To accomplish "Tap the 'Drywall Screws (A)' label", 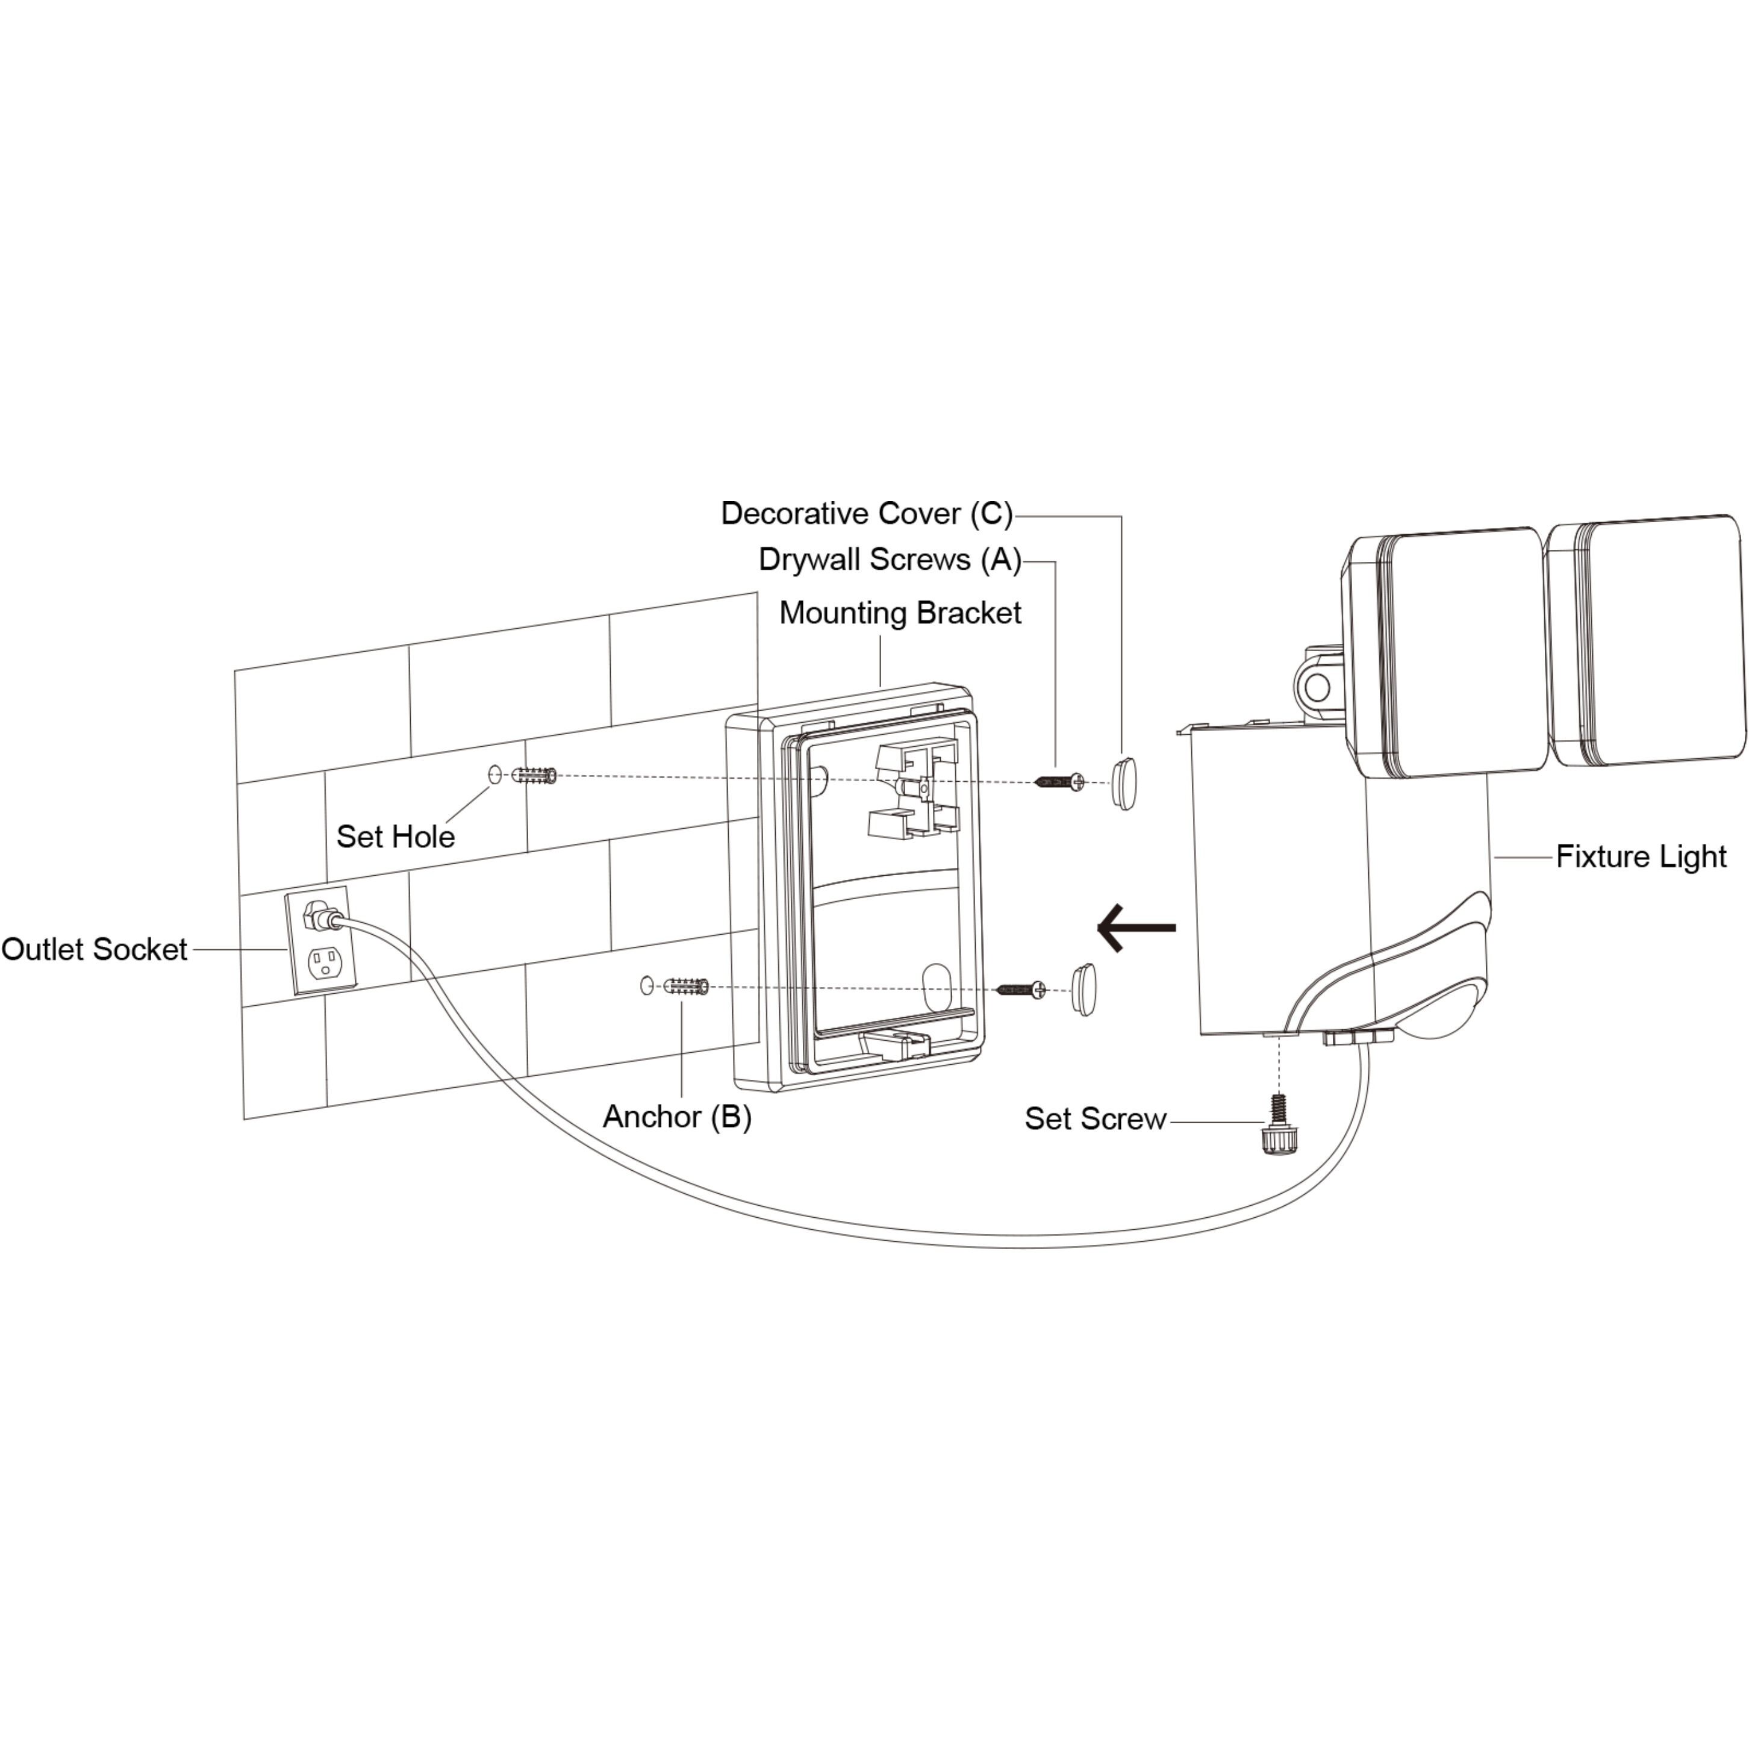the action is (x=890, y=560).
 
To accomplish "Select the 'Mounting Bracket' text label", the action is (x=900, y=613).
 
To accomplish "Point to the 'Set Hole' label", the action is (x=396, y=837).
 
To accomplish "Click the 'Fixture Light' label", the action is (x=1641, y=856).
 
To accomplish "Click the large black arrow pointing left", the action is (x=1136, y=928).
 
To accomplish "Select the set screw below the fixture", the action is (x=1277, y=1123).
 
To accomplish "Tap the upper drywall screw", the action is (x=1059, y=781).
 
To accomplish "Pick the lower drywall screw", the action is (x=1021, y=990).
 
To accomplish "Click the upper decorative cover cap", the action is (x=1123, y=782).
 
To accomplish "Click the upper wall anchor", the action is (x=534, y=776).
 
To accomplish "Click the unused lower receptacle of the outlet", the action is (x=325, y=962).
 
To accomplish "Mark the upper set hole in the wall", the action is (x=494, y=775).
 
